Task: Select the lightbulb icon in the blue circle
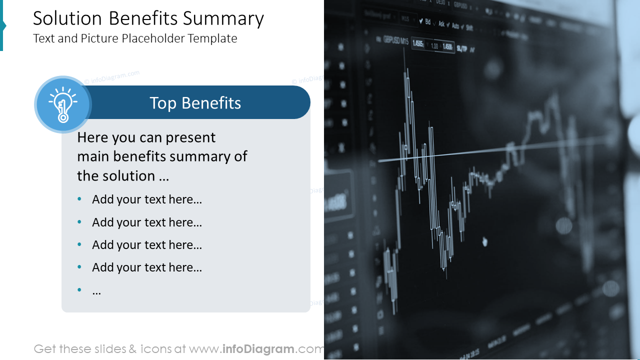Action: pyautogui.click(x=62, y=104)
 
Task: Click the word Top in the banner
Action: pyautogui.click(x=163, y=103)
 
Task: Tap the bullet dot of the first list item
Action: pyautogui.click(x=79, y=199)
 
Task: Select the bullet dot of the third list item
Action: pyautogui.click(x=79, y=244)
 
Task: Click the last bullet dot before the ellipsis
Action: pyautogui.click(x=79, y=290)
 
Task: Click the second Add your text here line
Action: pyautogui.click(x=147, y=222)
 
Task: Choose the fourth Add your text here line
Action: pyautogui.click(x=147, y=267)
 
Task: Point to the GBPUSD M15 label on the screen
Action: pyautogui.click(x=395, y=39)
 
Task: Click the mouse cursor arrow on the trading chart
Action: pyautogui.click(x=484, y=241)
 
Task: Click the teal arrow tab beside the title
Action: pyautogui.click(x=2, y=25)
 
